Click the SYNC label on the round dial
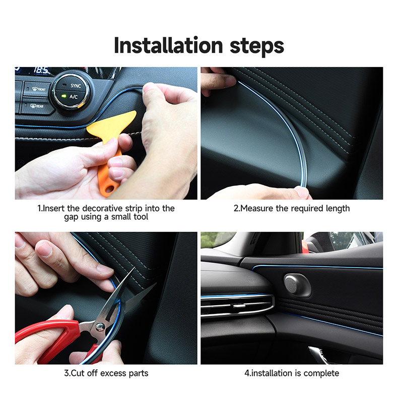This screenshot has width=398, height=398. tap(76, 86)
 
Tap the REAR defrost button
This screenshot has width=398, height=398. tap(37, 106)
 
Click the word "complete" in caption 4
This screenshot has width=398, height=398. tap(320, 373)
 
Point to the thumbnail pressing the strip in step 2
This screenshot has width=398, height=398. tap(302, 191)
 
